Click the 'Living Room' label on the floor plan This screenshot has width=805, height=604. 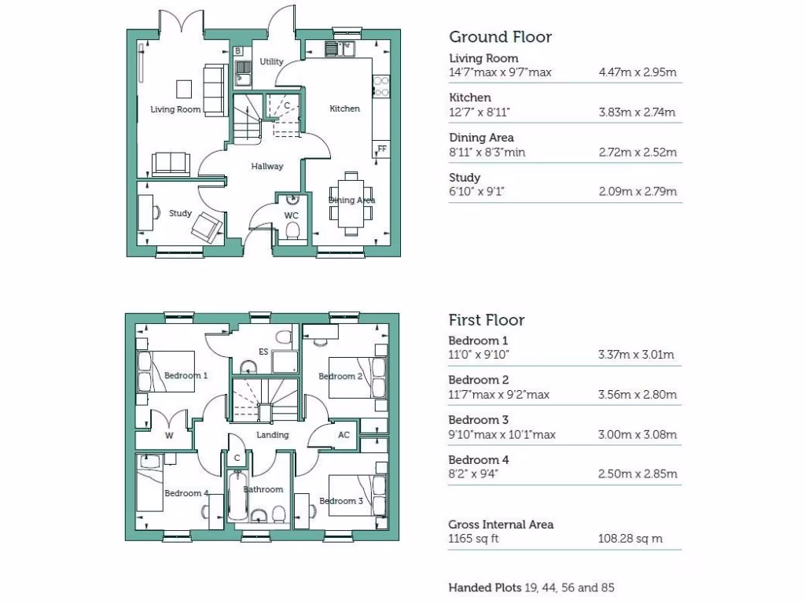tap(175, 109)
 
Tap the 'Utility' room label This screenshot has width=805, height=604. tap(272, 61)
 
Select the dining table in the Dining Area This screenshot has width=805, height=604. tap(351, 201)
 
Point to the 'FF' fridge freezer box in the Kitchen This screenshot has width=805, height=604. tap(382, 149)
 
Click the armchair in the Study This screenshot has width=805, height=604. tap(207, 226)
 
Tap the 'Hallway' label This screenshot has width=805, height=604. tap(267, 167)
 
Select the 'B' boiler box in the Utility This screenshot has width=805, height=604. tap(238, 51)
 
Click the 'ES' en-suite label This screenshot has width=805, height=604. tap(263, 352)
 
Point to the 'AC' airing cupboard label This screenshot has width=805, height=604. tap(344, 435)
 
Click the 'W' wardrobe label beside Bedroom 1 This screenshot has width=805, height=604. tap(169, 435)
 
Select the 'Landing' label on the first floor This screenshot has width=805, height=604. tap(273, 435)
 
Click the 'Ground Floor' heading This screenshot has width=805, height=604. tap(500, 37)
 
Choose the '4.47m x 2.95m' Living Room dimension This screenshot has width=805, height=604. tap(638, 72)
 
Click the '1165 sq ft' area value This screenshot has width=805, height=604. tap(473, 539)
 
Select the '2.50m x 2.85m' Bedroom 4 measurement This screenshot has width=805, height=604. tap(638, 473)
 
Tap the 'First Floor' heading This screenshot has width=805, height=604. tap(487, 320)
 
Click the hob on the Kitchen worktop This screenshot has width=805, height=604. tap(382, 85)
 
